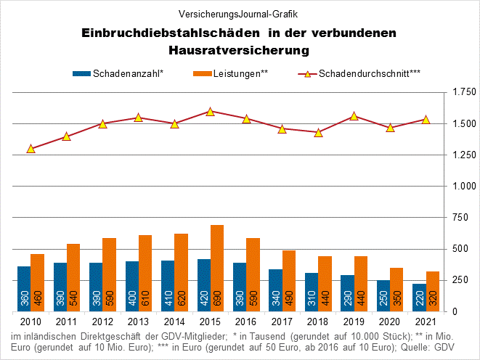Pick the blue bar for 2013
pos(131,286)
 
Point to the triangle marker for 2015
pos(210,112)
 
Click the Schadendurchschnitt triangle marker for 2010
pos(30,149)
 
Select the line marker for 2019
pos(354,116)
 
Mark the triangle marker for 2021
pos(426,120)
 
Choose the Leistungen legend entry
pos(231,73)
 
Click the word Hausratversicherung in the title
pos(239,51)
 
